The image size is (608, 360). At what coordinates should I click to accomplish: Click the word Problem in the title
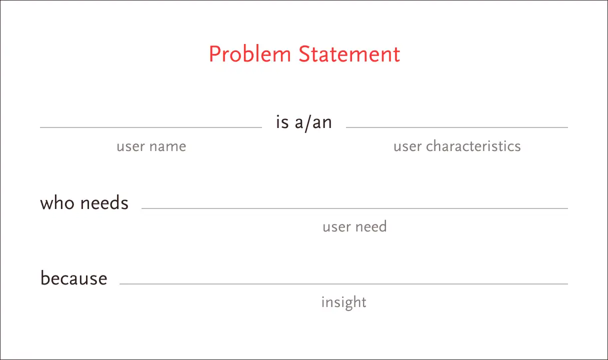click(x=250, y=54)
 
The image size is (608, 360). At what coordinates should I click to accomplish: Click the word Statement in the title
click(x=349, y=54)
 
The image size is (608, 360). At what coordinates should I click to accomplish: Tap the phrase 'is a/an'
click(x=303, y=122)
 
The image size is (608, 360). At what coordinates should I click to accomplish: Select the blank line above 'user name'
click(x=151, y=127)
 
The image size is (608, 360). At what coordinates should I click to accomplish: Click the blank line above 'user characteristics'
click(x=457, y=127)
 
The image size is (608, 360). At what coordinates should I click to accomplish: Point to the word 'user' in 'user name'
click(x=130, y=146)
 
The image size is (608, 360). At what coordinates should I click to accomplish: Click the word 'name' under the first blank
click(x=167, y=146)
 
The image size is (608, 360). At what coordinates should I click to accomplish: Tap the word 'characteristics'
click(x=473, y=146)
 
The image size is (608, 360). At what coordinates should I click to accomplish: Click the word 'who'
click(x=57, y=203)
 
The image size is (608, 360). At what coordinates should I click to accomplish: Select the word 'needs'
click(x=104, y=203)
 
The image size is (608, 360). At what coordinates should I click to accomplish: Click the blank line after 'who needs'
click(x=355, y=208)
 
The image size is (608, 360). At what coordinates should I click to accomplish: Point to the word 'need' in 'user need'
click(x=371, y=226)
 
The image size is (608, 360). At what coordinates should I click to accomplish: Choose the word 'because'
click(x=74, y=277)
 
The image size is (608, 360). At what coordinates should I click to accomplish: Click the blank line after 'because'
click(x=343, y=284)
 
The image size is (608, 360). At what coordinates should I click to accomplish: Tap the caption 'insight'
click(x=344, y=302)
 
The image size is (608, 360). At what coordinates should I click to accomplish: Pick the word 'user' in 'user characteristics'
click(x=407, y=146)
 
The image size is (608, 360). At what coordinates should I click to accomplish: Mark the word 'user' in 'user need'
click(x=336, y=227)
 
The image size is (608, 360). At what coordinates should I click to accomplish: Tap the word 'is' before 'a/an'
click(x=282, y=122)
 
